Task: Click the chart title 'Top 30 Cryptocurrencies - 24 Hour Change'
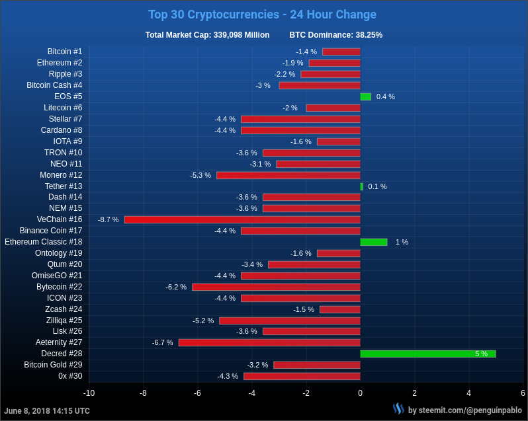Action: (262, 15)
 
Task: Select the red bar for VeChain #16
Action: (242, 219)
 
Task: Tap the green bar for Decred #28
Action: (427, 354)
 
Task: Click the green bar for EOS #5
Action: (365, 96)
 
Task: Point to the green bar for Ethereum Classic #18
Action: (374, 242)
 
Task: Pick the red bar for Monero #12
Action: (288, 175)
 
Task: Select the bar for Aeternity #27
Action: (269, 342)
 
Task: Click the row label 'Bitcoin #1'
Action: (65, 52)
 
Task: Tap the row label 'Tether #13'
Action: (64, 186)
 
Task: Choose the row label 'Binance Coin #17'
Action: (51, 231)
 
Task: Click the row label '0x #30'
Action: (70, 376)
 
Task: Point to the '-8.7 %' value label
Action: (109, 219)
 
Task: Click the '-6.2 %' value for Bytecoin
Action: (176, 287)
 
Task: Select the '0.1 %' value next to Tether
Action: (377, 186)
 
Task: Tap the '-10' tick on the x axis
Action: (89, 393)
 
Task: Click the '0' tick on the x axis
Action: (360, 393)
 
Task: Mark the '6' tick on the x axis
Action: (523, 393)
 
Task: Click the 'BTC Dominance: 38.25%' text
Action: (335, 35)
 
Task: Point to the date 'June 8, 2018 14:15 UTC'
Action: (47, 411)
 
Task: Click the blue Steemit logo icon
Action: (398, 409)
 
